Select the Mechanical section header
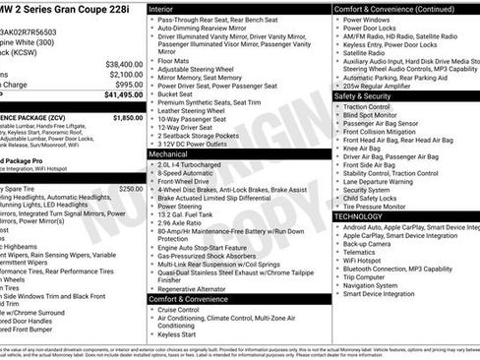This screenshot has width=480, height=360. (x=174, y=154)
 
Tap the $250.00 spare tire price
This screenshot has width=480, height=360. (x=130, y=188)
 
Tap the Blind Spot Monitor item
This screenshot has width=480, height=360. (x=375, y=115)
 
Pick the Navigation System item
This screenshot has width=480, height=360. (x=378, y=284)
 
